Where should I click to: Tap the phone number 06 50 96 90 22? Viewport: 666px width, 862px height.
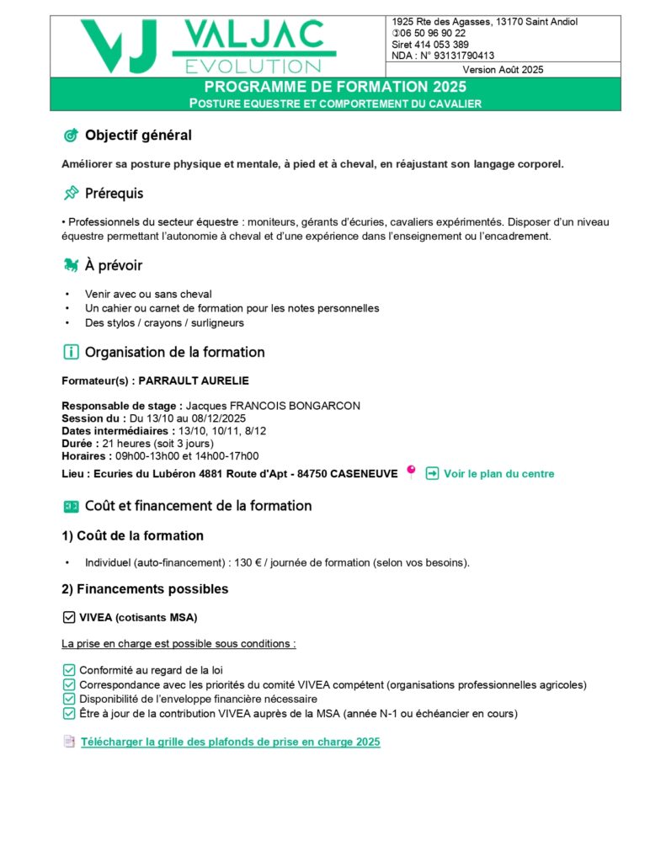click(x=432, y=33)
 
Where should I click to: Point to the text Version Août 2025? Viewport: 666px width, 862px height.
click(x=503, y=70)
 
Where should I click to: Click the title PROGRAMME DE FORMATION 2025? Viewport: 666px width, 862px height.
click(x=335, y=87)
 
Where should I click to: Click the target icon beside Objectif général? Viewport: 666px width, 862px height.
click(x=71, y=136)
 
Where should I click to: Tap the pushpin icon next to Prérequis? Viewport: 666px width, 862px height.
click(x=71, y=194)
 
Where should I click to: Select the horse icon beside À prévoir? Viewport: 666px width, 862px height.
click(x=71, y=266)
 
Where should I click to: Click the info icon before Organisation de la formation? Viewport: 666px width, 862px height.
click(x=71, y=352)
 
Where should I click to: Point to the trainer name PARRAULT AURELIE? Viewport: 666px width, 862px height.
click(x=194, y=380)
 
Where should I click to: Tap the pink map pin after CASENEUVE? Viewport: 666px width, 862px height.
click(x=411, y=472)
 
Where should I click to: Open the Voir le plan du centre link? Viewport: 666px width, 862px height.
click(x=498, y=474)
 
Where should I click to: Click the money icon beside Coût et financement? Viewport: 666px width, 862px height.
click(x=71, y=506)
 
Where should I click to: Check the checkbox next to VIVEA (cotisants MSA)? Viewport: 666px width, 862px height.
click(x=69, y=618)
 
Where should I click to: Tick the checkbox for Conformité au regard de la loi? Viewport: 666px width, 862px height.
click(x=69, y=670)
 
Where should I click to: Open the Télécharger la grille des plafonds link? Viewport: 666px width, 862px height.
click(x=230, y=742)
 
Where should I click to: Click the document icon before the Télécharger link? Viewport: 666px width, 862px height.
click(x=69, y=742)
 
